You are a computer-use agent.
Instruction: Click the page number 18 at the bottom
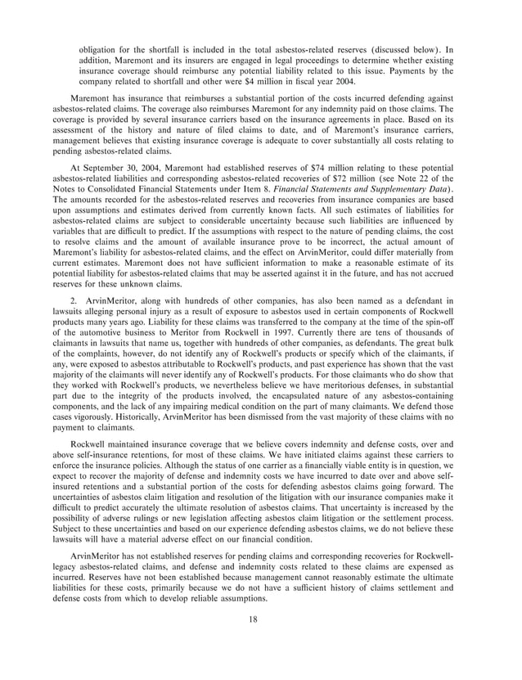click(x=260, y=641)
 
